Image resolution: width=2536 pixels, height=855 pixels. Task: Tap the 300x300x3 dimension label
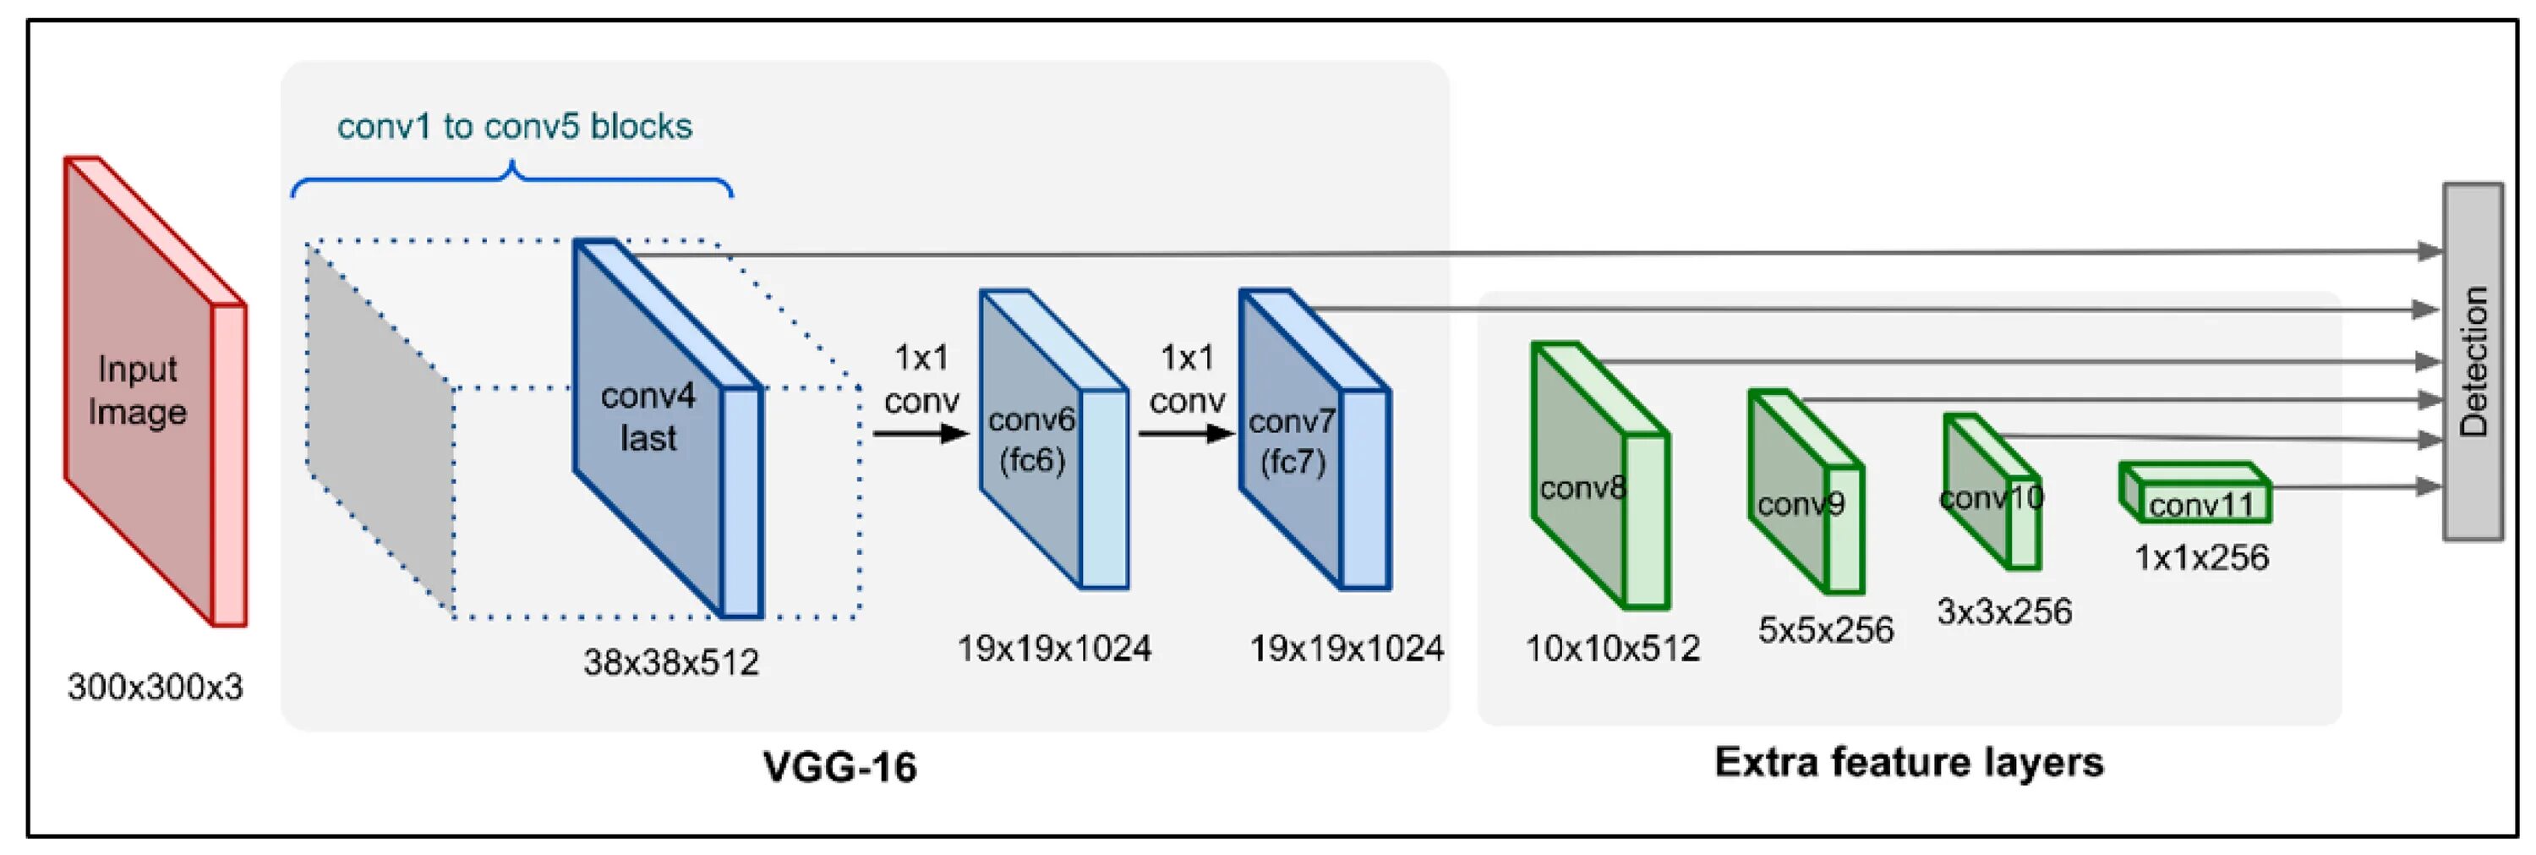156,687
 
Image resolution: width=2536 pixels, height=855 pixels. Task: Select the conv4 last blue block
659,424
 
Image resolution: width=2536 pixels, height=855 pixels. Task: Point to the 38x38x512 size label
671,662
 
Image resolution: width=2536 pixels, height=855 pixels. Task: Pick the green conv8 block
1595,478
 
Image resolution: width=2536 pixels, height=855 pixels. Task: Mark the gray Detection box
2473,361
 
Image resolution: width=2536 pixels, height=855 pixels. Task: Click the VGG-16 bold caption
839,766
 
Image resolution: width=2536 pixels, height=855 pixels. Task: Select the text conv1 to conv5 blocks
515,127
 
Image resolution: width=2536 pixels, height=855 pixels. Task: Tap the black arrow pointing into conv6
921,432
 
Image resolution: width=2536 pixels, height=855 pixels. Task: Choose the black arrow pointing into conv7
1185,432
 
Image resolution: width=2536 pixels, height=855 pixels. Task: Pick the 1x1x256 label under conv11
2201,557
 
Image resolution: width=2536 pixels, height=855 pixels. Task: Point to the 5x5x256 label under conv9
1825,629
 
